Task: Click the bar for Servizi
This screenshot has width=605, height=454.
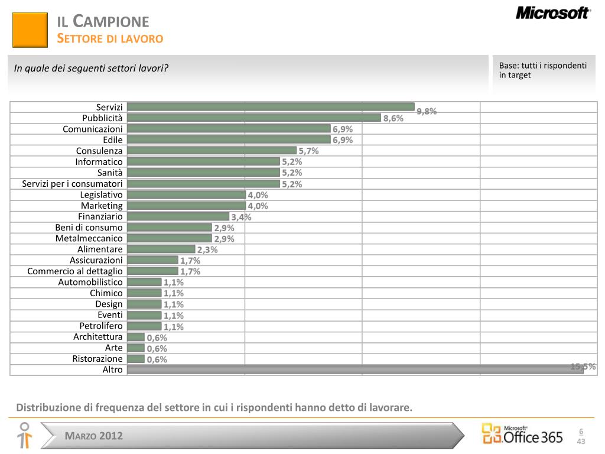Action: point(271,106)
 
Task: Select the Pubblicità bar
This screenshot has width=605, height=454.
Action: point(254,118)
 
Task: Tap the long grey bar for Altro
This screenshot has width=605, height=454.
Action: point(354,369)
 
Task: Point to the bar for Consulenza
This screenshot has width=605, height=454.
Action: point(212,151)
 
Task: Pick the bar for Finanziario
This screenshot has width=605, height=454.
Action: point(178,216)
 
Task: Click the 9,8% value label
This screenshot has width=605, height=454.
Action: point(427,111)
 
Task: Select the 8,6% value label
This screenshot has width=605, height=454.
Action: point(393,118)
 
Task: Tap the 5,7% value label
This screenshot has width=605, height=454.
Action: point(308,151)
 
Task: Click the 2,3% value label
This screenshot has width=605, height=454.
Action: point(207,249)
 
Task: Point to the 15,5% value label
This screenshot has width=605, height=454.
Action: point(583,367)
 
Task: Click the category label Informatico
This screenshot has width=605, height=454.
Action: point(99,162)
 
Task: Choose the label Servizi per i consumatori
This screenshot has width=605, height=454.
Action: point(72,184)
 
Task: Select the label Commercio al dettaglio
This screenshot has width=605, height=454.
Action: point(75,271)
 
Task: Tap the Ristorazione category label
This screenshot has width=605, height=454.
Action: point(97,359)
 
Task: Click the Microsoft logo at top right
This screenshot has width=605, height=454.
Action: point(553,13)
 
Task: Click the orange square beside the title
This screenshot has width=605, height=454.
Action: point(30,30)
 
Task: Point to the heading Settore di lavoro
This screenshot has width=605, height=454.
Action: point(110,39)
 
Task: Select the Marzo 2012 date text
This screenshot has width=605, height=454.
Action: point(94,436)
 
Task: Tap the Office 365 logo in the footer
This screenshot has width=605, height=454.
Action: point(522,434)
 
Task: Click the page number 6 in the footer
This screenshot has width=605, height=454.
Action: point(581,431)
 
